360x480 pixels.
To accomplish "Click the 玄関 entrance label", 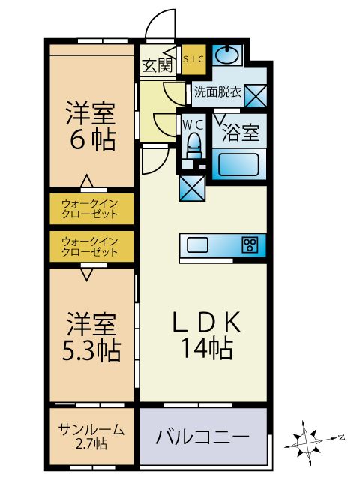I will [x=157, y=65].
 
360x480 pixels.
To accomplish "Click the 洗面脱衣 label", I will [x=218, y=93].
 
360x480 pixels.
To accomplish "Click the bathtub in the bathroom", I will [x=238, y=163].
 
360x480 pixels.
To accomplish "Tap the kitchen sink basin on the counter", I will [x=199, y=244].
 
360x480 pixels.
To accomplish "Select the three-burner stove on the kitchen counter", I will [x=250, y=244].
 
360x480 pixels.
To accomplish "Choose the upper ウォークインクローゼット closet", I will [x=90, y=208].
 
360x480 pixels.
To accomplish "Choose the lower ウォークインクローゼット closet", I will [x=90, y=246].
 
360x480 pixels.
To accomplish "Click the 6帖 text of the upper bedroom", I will [x=90, y=139].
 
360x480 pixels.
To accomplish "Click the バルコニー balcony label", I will [x=202, y=436].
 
